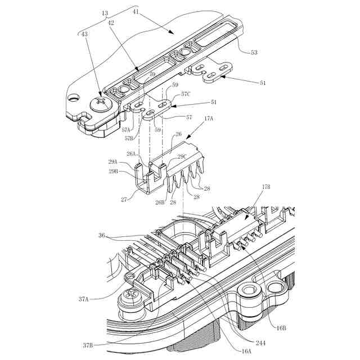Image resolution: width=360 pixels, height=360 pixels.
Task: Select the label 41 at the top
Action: pyautogui.click(x=136, y=11)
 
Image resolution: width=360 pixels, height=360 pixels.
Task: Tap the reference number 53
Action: pyautogui.click(x=254, y=52)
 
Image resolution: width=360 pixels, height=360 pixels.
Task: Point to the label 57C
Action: pyautogui.click(x=186, y=95)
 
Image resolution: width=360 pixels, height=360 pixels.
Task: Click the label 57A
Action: pyautogui.click(x=127, y=129)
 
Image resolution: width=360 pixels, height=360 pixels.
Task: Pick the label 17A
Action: pyautogui.click(x=209, y=119)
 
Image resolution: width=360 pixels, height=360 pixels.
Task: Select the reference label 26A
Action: pyautogui.click(x=131, y=154)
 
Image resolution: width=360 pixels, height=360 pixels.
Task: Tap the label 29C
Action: pyautogui.click(x=182, y=157)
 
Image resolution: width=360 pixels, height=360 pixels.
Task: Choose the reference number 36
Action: pyautogui.click(x=102, y=236)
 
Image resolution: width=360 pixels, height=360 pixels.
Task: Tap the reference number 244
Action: pyautogui.click(x=260, y=343)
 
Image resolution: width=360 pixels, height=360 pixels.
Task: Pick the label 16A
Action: pyautogui.click(x=246, y=350)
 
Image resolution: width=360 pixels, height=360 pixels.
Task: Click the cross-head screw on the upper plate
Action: pyautogui.click(x=103, y=102)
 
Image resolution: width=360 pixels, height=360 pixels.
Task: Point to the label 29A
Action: pyautogui.click(x=114, y=162)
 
